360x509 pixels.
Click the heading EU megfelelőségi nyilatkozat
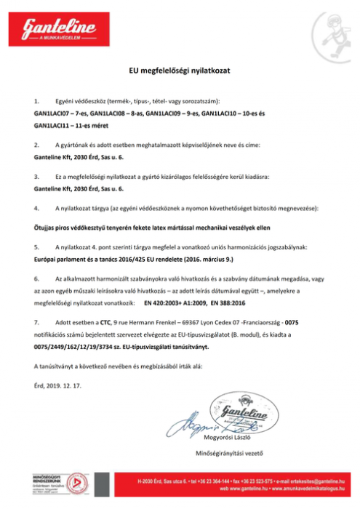pyautogui.click(x=180, y=70)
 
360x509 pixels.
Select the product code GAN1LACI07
pyautogui.click(x=49, y=114)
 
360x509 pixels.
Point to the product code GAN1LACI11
pyautogui.click(x=49, y=124)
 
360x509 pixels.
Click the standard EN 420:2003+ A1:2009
pyautogui.click(x=171, y=300)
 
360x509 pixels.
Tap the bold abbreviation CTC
pyautogui.click(x=105, y=320)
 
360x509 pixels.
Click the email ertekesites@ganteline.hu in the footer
pyautogui.click(x=308, y=482)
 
